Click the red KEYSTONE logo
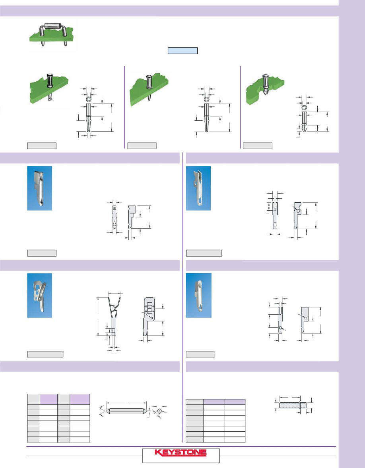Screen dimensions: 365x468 tap(181, 453)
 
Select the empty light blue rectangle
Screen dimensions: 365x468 tap(182, 51)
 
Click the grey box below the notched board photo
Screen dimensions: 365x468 tap(257, 146)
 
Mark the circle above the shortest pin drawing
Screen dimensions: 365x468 tap(304, 108)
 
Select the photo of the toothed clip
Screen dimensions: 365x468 tap(198, 188)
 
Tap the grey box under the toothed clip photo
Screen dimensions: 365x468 tap(204, 253)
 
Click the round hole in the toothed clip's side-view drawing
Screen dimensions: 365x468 tap(298, 211)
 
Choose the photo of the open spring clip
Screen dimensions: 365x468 tap(40, 295)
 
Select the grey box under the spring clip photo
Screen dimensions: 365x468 tap(45, 354)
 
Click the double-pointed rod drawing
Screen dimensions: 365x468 tap(126, 411)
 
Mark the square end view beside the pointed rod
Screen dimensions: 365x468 tap(160, 411)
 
